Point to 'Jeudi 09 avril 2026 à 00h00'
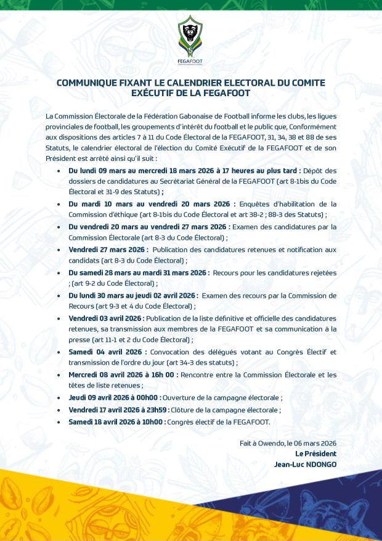[114, 398]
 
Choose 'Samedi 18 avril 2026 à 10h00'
[116, 422]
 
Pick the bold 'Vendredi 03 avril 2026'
[105, 318]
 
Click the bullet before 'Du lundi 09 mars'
[59, 170]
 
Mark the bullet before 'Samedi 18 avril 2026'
[59, 422]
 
